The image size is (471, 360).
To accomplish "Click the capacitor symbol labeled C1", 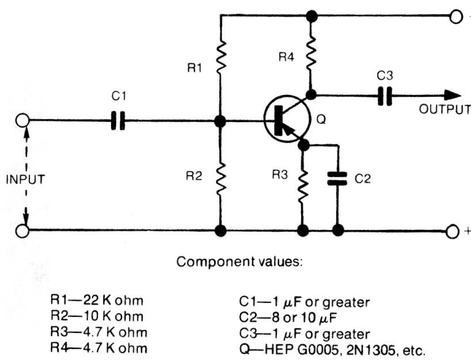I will click(117, 121).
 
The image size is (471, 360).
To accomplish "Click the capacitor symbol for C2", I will click(338, 179).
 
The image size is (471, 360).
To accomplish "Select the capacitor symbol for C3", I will click(385, 96).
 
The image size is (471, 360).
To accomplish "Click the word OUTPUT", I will click(444, 109).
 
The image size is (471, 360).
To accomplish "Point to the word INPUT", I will click(25, 179).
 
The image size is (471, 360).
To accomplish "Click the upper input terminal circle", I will click(22, 121).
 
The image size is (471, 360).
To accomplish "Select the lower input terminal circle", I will click(22, 230).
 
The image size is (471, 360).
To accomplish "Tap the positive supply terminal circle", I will click(454, 230).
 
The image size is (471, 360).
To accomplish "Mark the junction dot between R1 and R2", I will click(220, 121).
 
